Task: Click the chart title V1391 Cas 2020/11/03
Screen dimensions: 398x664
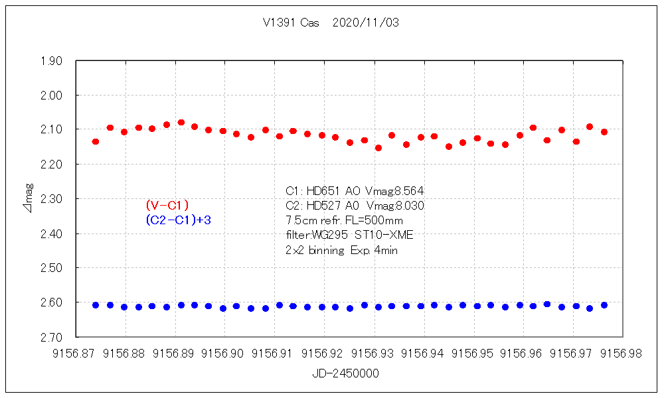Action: coord(331,22)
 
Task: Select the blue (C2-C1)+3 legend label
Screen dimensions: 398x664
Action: coord(178,220)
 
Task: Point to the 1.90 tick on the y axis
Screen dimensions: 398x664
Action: coord(52,61)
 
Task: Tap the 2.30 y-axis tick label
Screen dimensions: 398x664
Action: coord(52,199)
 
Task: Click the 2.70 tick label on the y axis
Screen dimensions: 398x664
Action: coord(52,337)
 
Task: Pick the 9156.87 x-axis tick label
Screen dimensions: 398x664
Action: coord(77,354)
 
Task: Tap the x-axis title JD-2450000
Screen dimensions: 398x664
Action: coord(345,373)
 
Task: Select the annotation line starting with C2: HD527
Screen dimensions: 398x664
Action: coord(354,206)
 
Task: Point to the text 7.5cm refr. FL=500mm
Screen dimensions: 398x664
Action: coord(343,220)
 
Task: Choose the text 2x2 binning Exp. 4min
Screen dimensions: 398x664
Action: coord(341,250)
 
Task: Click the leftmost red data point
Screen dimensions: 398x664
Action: coord(96,141)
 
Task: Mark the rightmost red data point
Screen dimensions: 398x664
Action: coord(604,132)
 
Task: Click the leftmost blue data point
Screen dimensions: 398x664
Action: coord(96,305)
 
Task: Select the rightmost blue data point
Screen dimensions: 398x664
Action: coord(604,305)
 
